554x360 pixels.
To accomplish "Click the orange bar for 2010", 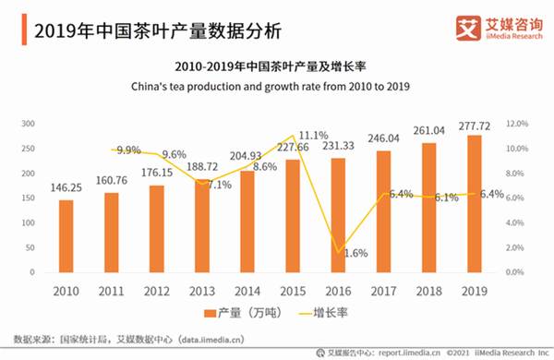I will (66, 238).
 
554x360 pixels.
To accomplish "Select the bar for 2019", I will (474, 205).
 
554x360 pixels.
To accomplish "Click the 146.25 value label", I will (66, 186).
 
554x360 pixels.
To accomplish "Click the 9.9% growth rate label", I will (127, 150).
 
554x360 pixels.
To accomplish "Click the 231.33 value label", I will (339, 146).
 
